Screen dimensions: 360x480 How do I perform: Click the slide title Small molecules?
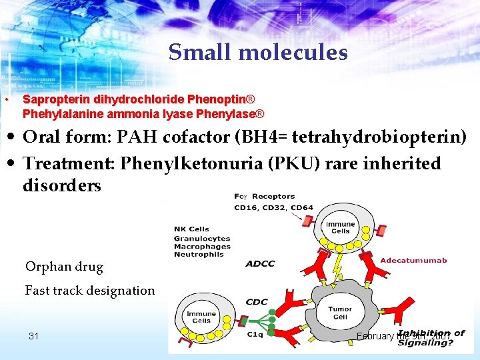[x=258, y=52]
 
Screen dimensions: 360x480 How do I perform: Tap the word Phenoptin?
[x=217, y=99]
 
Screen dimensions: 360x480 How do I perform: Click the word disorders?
[x=62, y=185]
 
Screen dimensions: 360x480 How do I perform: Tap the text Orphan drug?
[x=64, y=267]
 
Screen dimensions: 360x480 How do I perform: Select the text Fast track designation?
[x=90, y=290]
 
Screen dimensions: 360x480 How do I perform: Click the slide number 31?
[x=34, y=336]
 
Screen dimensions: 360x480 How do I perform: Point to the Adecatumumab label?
[x=413, y=260]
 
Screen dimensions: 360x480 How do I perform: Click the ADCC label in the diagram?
[x=260, y=263]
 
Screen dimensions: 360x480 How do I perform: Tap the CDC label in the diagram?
[x=257, y=302]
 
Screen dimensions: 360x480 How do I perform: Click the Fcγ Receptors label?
[x=265, y=197]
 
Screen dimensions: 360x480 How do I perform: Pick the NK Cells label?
[x=191, y=229]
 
